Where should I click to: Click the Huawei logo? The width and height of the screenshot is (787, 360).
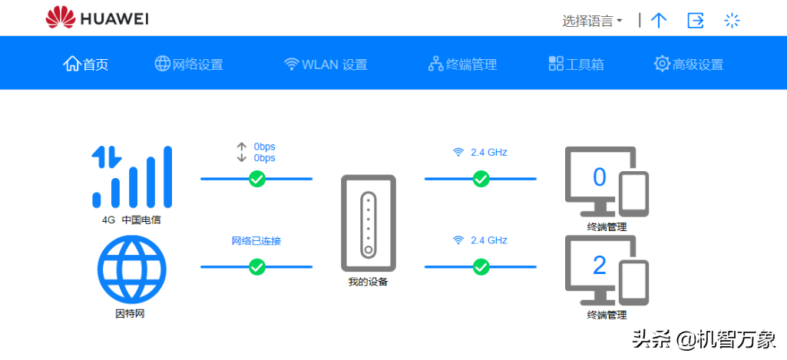(x=97, y=18)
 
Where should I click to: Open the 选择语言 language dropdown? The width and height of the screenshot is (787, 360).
(x=592, y=21)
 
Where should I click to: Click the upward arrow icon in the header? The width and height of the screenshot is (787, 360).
(x=659, y=21)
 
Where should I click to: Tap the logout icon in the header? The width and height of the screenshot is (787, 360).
(x=695, y=21)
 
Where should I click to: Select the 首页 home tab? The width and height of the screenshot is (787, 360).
(x=86, y=64)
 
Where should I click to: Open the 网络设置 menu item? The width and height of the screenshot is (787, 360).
(x=189, y=64)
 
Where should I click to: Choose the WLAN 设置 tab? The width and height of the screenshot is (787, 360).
(x=326, y=64)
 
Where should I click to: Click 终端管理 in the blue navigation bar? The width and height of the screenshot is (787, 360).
(x=462, y=64)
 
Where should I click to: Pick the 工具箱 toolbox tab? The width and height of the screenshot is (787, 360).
(x=576, y=64)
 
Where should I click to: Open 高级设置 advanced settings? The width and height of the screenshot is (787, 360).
(x=689, y=64)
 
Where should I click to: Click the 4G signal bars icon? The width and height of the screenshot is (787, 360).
(x=132, y=177)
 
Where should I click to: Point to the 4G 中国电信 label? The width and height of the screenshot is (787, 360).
(x=131, y=220)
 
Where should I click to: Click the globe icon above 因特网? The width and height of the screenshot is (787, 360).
(x=131, y=269)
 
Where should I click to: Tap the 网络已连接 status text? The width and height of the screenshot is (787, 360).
(x=256, y=241)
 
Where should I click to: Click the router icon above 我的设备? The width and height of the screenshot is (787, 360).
(x=369, y=223)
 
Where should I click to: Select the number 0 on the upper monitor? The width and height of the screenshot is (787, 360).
(x=600, y=177)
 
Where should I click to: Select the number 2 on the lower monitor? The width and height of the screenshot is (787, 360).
(x=600, y=266)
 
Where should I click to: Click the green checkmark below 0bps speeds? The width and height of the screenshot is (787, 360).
(x=257, y=178)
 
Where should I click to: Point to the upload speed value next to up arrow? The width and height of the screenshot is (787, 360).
(x=264, y=147)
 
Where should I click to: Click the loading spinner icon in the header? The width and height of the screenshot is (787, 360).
(x=732, y=21)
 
